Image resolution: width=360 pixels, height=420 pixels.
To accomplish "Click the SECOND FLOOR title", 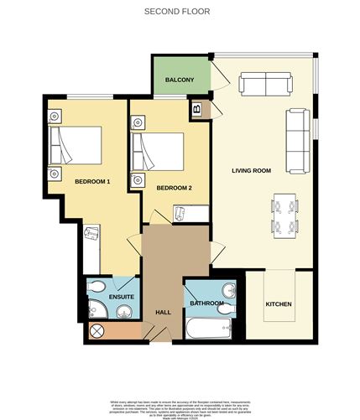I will tap(176, 12).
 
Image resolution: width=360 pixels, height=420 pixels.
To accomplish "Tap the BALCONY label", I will tap(180, 80).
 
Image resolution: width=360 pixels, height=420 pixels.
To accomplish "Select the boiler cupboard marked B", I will tap(197, 108).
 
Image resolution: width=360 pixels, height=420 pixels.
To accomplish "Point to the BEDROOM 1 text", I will tap(92, 181).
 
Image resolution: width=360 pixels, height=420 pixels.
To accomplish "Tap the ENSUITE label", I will tap(109, 298).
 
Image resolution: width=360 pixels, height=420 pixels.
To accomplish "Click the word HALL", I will tap(163, 312).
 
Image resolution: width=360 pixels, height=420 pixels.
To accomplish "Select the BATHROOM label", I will tap(206, 303).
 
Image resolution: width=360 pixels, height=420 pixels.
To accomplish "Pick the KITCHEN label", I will tap(279, 303).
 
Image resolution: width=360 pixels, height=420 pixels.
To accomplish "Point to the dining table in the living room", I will tap(285, 214).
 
